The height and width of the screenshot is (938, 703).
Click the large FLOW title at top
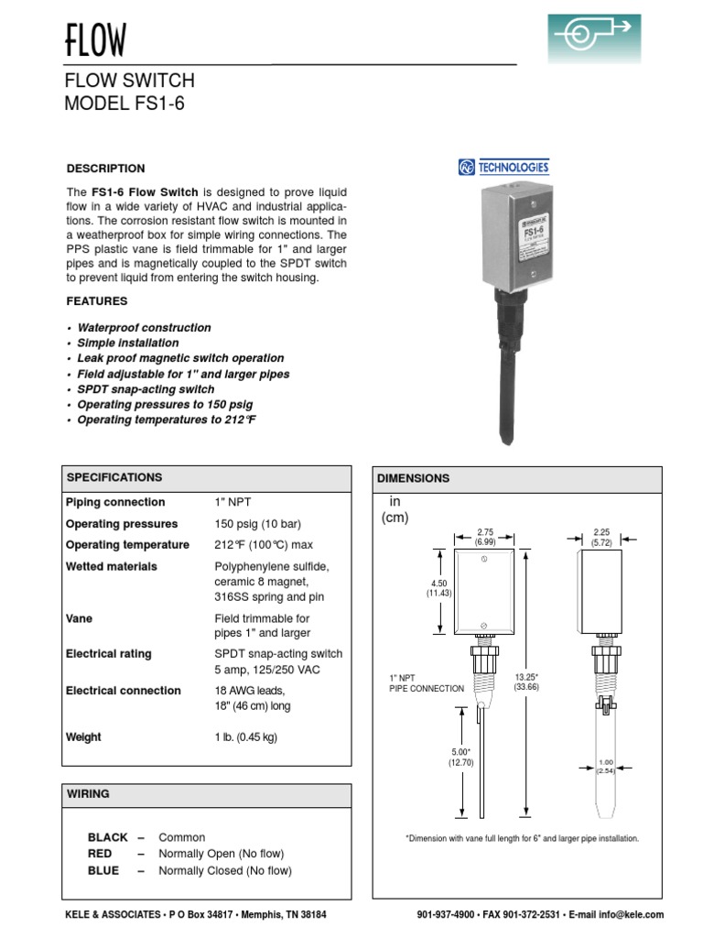point(95,40)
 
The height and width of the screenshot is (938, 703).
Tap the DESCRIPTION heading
point(105,169)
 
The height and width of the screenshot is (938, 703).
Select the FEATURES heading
point(97,301)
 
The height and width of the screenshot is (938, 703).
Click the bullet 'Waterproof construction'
point(144,327)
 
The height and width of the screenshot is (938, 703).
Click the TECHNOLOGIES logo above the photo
point(504,168)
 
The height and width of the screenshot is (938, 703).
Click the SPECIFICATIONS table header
point(114,477)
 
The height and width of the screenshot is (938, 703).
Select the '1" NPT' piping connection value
point(232,502)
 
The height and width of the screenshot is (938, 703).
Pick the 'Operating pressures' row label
point(122,524)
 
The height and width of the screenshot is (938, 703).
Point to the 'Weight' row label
point(83,737)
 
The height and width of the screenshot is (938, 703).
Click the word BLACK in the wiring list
point(107,837)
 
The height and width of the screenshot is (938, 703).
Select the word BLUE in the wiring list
point(103,871)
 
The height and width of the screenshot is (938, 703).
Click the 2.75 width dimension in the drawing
point(484,530)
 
